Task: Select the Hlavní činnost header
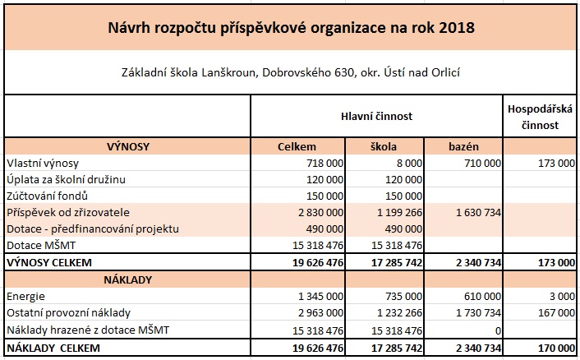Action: (x=376, y=117)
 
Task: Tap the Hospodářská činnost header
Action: (x=541, y=117)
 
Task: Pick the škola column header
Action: (x=384, y=146)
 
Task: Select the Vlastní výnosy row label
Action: (x=42, y=163)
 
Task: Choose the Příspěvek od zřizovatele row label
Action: (x=66, y=212)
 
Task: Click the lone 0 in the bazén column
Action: (x=497, y=330)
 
